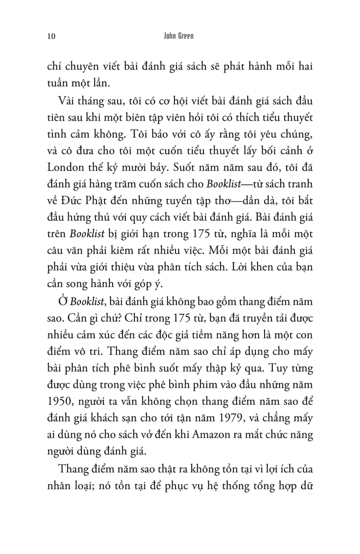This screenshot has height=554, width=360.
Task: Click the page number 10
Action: tap(51, 36)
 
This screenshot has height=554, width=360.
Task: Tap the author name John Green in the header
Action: tap(179, 36)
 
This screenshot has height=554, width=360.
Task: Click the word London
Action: tap(66, 167)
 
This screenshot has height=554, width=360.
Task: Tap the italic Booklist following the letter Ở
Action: tap(87, 301)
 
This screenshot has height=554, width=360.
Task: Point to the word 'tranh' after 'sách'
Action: tap(300, 184)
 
